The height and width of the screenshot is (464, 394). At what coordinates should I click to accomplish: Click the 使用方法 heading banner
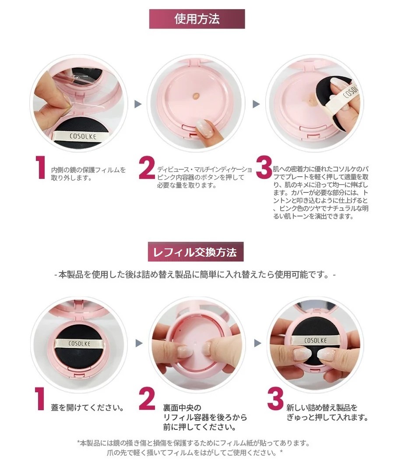click(197, 19)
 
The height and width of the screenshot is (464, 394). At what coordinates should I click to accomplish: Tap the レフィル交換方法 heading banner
click(196, 252)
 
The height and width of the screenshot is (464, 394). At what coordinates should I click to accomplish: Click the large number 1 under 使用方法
click(41, 167)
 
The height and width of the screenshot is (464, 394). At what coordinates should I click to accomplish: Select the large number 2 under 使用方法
click(147, 168)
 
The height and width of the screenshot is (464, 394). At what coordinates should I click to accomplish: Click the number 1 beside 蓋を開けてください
click(39, 398)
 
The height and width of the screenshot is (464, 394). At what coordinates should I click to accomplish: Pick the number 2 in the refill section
click(147, 398)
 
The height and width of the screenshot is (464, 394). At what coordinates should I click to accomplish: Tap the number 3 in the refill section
click(275, 398)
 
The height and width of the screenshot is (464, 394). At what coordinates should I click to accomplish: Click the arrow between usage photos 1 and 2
click(138, 104)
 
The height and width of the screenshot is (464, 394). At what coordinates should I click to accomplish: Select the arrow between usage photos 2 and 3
click(256, 104)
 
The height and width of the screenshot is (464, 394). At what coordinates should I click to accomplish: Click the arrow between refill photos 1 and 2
click(139, 343)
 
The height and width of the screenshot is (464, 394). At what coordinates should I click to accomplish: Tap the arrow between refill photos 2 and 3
click(258, 343)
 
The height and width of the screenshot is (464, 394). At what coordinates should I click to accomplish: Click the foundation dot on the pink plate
click(196, 96)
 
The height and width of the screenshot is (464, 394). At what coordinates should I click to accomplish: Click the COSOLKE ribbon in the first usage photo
click(78, 137)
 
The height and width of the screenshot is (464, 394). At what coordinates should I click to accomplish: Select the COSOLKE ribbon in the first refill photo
click(80, 344)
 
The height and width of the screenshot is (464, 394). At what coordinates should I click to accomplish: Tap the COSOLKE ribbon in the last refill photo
click(316, 340)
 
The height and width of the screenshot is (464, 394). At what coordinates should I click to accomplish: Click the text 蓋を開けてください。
click(88, 408)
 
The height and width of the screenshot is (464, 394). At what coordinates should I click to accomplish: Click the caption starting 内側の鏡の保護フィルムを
click(88, 174)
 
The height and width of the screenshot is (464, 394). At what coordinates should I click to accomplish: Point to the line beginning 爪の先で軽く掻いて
click(195, 453)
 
